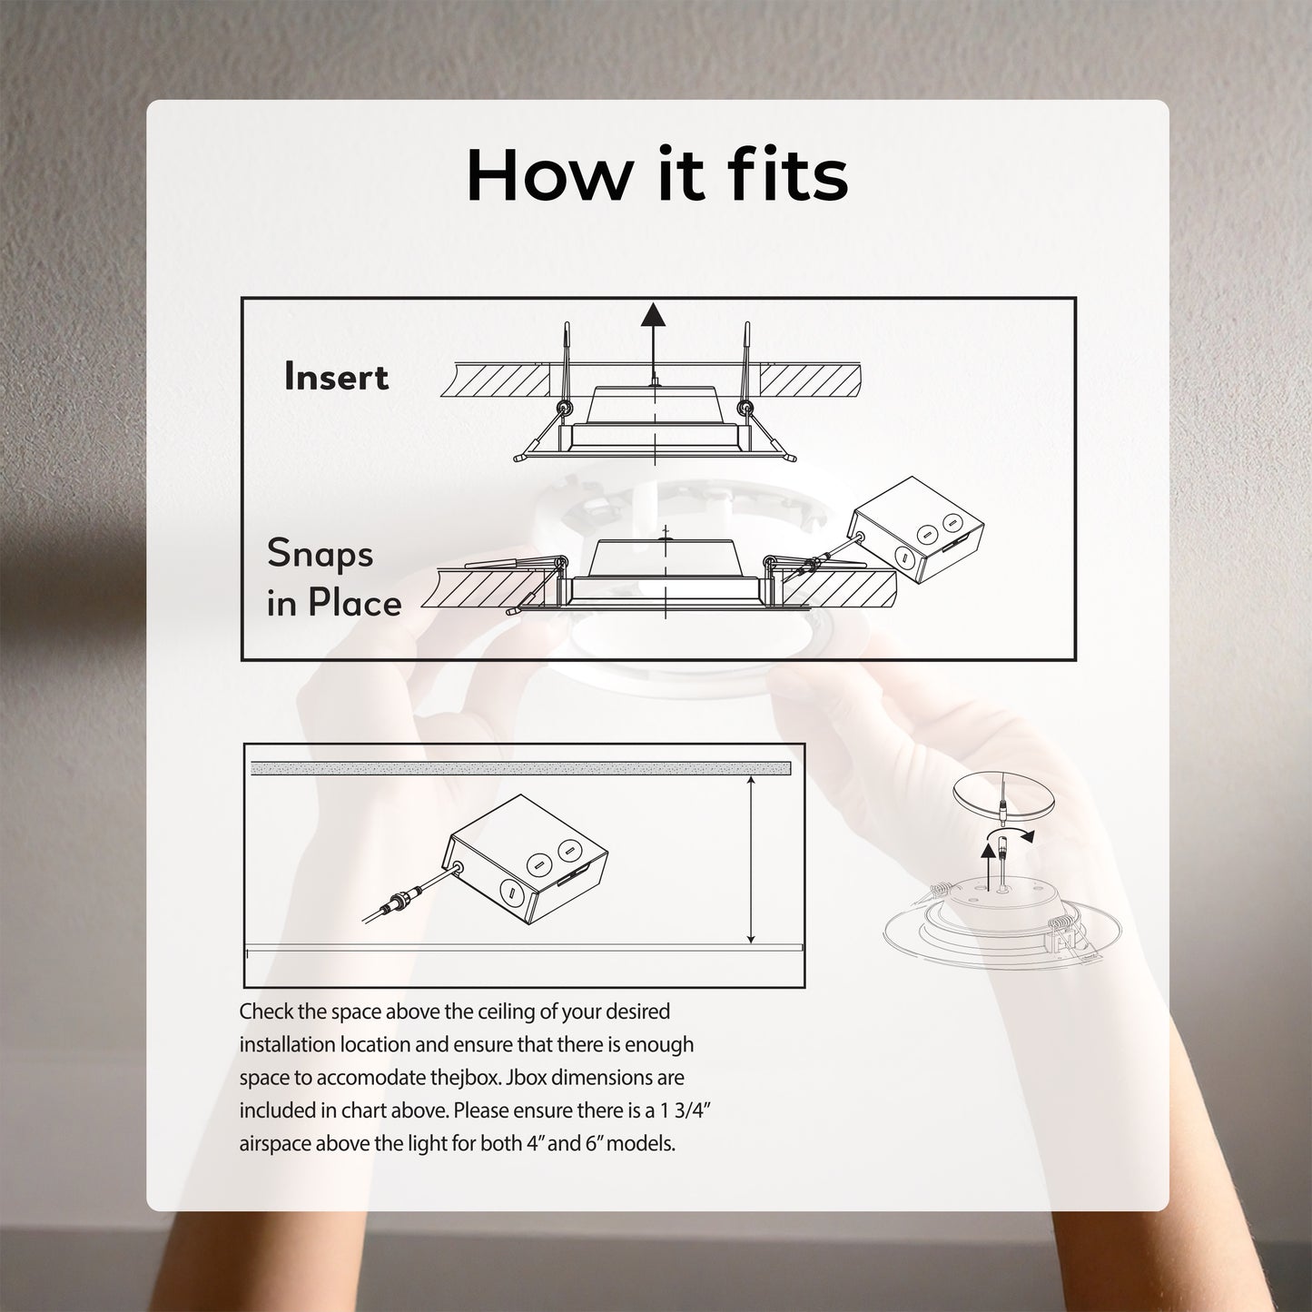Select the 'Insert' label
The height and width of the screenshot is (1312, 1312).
pos(336,377)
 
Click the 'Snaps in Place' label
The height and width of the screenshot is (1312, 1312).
pos(333,577)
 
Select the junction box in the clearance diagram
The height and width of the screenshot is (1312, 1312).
pos(527,859)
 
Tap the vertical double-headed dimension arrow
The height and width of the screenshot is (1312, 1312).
pos(751,860)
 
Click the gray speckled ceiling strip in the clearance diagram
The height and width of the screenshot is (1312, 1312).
pos(521,769)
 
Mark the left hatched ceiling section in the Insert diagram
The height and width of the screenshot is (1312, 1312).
pos(496,380)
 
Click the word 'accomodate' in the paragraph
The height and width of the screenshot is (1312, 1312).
pos(373,1078)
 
